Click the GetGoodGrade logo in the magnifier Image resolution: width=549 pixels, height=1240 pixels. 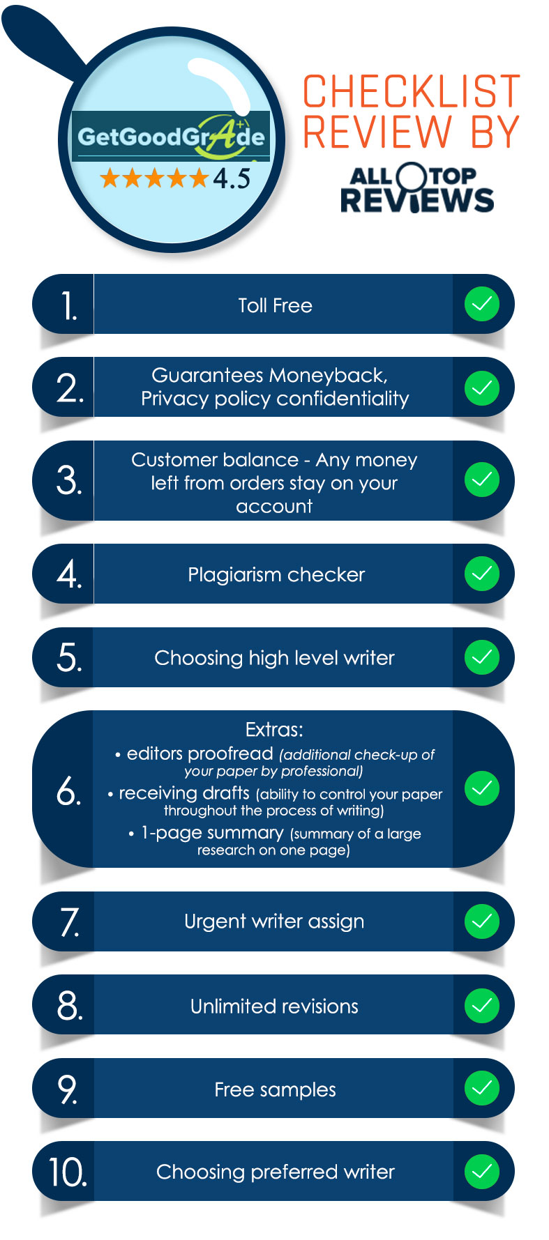pyautogui.click(x=171, y=136)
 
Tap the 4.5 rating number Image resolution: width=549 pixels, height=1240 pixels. pyautogui.click(x=232, y=178)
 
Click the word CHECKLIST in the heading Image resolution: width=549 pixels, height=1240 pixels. pyautogui.click(x=412, y=91)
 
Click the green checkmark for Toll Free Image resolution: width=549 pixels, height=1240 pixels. pyautogui.click(x=482, y=304)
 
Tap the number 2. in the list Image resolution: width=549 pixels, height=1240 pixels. pyautogui.click(x=70, y=388)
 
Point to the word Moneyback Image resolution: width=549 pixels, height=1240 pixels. pyautogui.click(x=328, y=375)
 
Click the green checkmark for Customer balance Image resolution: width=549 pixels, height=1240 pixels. pyautogui.click(x=482, y=480)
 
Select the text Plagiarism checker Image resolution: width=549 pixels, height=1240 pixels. pyautogui.click(x=276, y=574)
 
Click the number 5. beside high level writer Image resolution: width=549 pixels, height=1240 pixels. pyautogui.click(x=69, y=657)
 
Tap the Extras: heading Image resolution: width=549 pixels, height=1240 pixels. pyautogui.click(x=274, y=730)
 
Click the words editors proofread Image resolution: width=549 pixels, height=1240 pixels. pyautogui.click(x=200, y=753)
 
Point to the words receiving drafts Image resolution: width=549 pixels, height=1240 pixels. pyautogui.click(x=184, y=793)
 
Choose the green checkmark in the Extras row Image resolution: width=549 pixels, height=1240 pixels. pyautogui.click(x=482, y=788)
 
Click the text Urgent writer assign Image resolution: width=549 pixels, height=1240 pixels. pyautogui.click(x=274, y=921)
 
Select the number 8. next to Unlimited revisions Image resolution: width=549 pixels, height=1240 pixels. pyautogui.click(x=70, y=1005)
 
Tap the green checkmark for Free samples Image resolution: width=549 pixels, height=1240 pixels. pyautogui.click(x=482, y=1088)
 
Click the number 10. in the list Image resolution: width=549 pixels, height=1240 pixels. pyautogui.click(x=68, y=1172)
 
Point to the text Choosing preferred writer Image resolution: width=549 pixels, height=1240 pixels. pyautogui.click(x=276, y=1172)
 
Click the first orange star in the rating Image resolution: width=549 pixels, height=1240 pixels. pyautogui.click(x=110, y=178)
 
